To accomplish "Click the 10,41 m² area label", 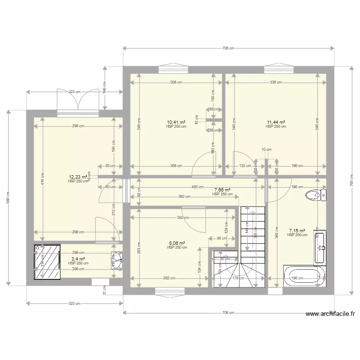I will click(176, 122).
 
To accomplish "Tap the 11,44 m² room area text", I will click(276, 122).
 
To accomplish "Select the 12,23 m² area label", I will click(78, 177).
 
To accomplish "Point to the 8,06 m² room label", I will click(176, 243).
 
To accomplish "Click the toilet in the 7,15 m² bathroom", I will click(313, 195).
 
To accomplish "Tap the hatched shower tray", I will click(47, 263).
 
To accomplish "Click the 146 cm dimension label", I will click(104, 88).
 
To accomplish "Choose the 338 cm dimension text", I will click(276, 82).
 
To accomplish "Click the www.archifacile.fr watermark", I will click(331, 315).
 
